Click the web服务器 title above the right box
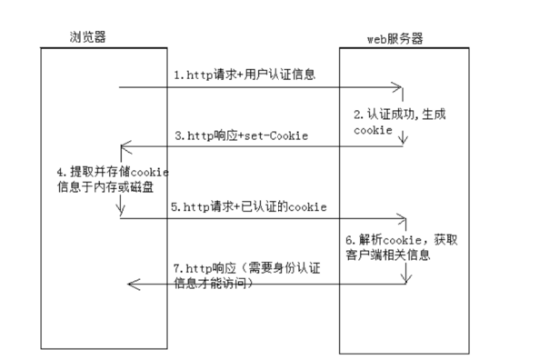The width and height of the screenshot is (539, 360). click(x=394, y=38)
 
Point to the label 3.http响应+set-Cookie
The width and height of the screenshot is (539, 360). click(x=241, y=135)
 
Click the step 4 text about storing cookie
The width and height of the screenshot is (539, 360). click(x=113, y=179)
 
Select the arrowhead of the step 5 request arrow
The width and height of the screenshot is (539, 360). click(x=401, y=218)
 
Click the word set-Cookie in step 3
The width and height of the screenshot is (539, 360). click(x=278, y=135)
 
